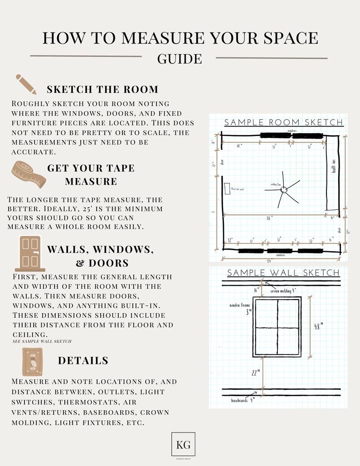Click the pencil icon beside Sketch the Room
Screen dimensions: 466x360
(26, 84)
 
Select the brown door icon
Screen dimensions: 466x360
(30, 253)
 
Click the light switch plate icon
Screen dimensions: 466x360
(33, 362)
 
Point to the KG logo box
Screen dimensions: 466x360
(184, 445)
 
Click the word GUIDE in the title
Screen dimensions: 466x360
(180, 59)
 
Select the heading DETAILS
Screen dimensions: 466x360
(83, 361)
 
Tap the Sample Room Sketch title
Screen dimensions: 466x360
(284, 122)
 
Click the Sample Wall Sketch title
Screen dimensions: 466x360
(283, 273)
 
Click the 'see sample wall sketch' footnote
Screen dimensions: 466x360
(42, 341)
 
